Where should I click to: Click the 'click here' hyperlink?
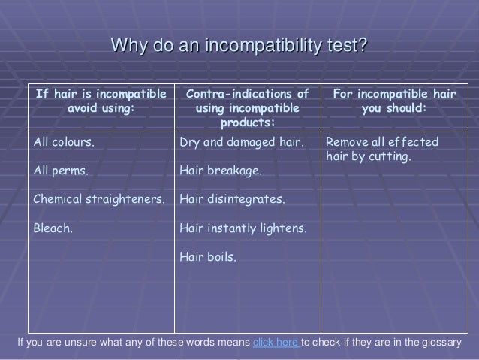(276, 344)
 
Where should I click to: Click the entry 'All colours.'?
(64, 141)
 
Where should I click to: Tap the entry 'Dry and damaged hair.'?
(241, 141)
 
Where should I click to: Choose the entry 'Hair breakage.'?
(221, 171)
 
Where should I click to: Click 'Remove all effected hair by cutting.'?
(382, 149)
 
